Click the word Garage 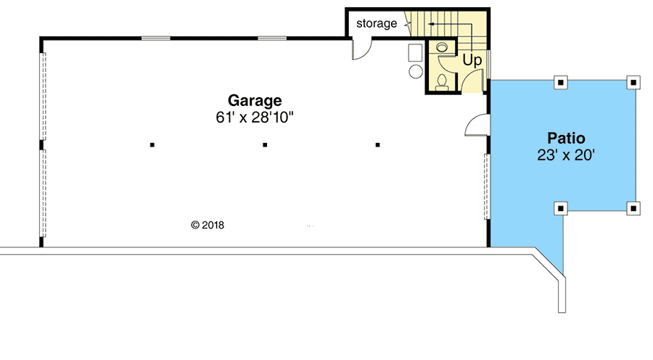pyautogui.click(x=254, y=100)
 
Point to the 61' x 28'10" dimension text pyautogui.click(x=254, y=116)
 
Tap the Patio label pyautogui.click(x=566, y=137)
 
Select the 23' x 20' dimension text pyautogui.click(x=566, y=154)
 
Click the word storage pyautogui.click(x=377, y=23)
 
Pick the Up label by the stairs pyautogui.click(x=472, y=60)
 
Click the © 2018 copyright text pyautogui.click(x=208, y=225)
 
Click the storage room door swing pyautogui.click(x=361, y=49)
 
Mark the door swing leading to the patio pyautogui.click(x=475, y=126)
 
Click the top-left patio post pyautogui.click(x=560, y=82)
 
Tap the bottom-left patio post pyautogui.click(x=560, y=208)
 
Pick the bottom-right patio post pyautogui.click(x=633, y=208)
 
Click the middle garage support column pyautogui.click(x=266, y=145)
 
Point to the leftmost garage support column pyautogui.click(x=152, y=145)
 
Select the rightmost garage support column pyautogui.click(x=378, y=145)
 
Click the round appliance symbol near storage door pyautogui.click(x=416, y=71)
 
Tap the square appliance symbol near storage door pyautogui.click(x=415, y=52)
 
